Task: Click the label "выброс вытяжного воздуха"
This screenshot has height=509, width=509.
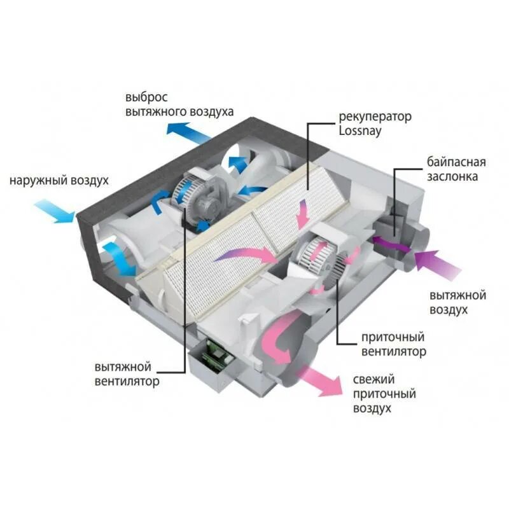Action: [x=179, y=105]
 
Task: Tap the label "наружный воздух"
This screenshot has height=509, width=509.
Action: [x=59, y=181]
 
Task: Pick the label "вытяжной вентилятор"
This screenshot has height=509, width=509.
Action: [x=127, y=375]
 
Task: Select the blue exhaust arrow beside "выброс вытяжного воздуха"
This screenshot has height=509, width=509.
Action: [x=188, y=130]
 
